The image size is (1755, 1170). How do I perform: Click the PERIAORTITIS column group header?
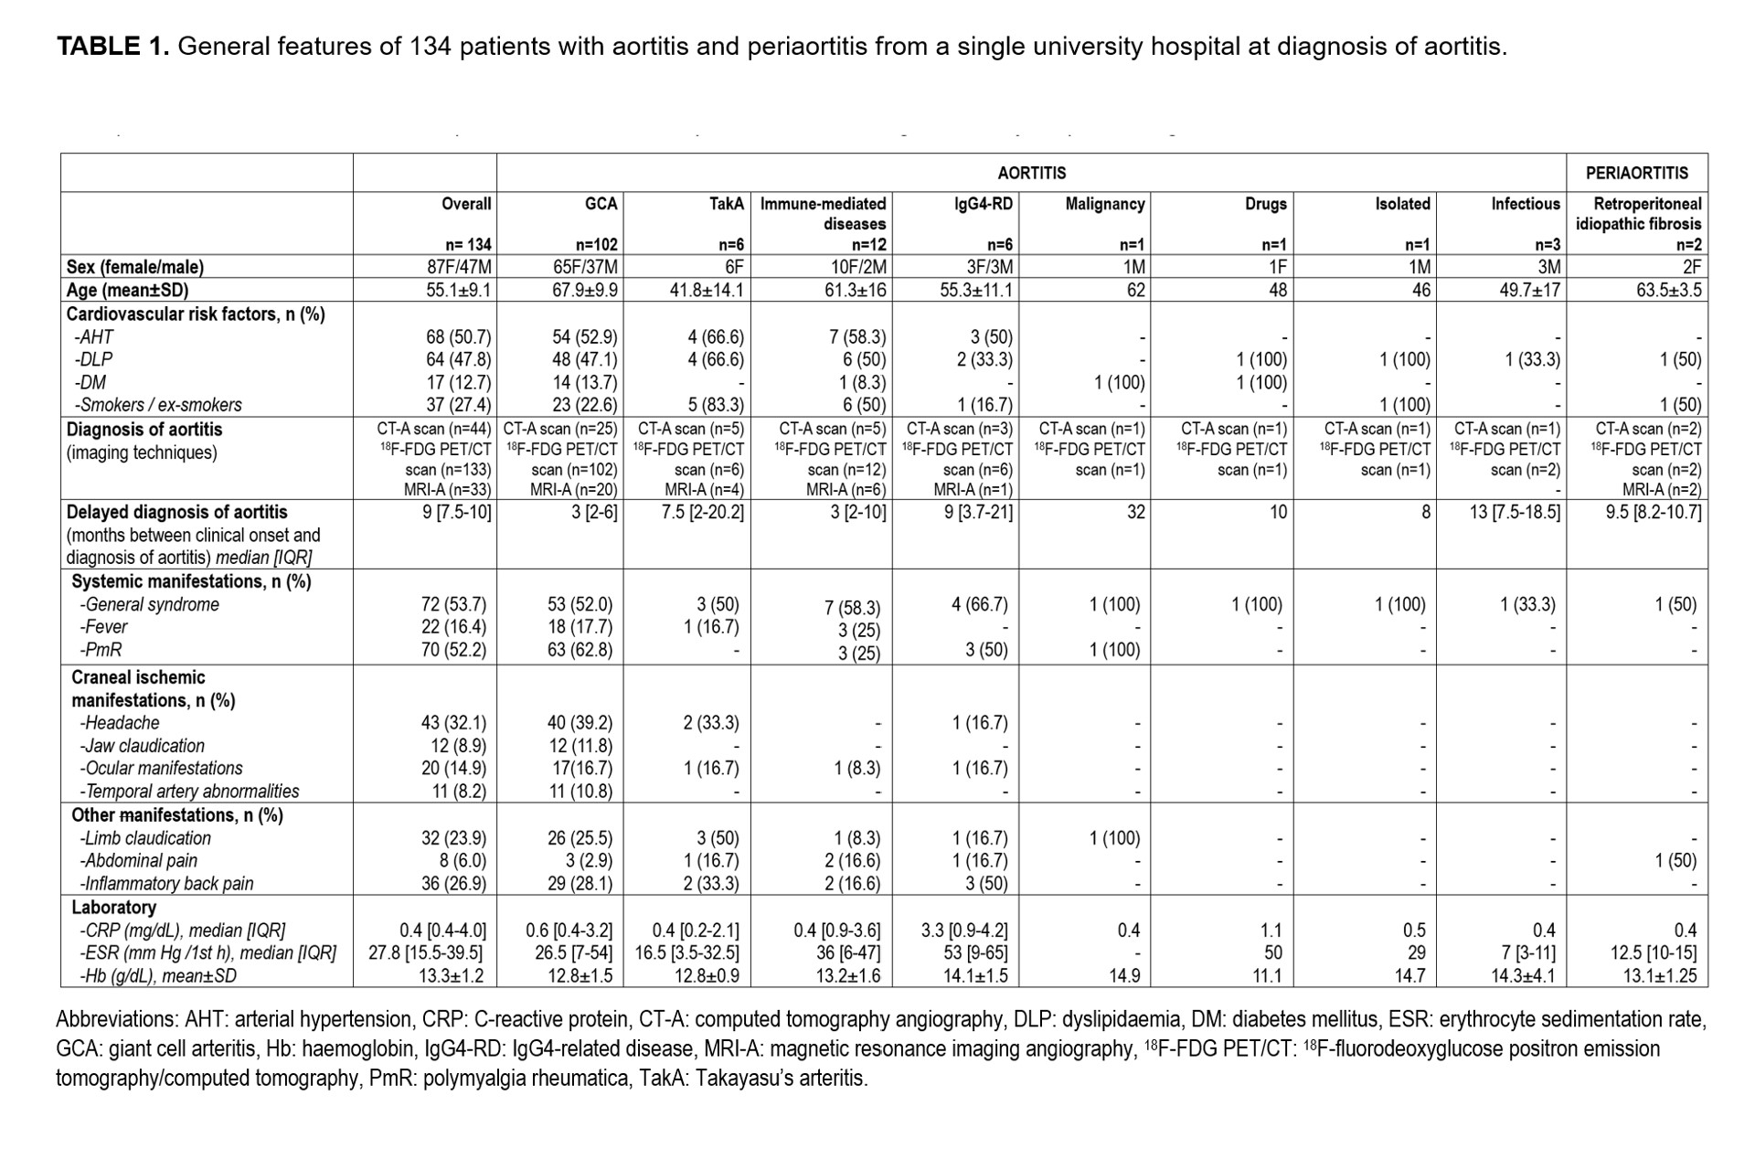(1636, 173)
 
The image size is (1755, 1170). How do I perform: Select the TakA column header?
(726, 204)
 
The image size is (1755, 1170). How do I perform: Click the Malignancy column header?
(1104, 204)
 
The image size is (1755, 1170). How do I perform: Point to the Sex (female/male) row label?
(135, 267)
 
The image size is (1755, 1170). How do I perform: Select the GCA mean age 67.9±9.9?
(585, 290)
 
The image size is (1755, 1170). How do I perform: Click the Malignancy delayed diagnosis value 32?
(1135, 512)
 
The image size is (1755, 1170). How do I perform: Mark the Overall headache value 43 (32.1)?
(453, 723)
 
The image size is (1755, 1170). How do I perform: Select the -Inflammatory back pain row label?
(166, 884)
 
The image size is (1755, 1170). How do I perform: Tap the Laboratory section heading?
(113, 908)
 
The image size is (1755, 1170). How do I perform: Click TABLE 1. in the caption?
(113, 47)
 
